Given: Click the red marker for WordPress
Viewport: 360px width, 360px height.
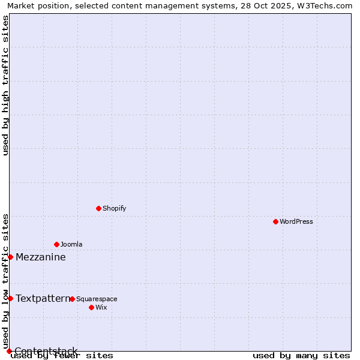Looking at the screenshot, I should coord(275,221).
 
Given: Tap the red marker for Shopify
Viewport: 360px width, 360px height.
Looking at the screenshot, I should coord(98,208).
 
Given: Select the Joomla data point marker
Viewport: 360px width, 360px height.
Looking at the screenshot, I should coord(56,244).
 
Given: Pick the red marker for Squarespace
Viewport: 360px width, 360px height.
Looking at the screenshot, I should coord(72,299).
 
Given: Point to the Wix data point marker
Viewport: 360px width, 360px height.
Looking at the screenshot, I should coord(91,307).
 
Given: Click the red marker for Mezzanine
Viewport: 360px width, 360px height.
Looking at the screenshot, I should coord(10,257).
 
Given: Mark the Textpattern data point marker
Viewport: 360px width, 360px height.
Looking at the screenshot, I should coord(10,298).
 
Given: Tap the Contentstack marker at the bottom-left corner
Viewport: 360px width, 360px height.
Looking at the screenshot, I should coord(9,351).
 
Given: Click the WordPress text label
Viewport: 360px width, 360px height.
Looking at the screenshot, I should coord(296,221).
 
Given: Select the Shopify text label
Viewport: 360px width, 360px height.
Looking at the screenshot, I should coord(114,208).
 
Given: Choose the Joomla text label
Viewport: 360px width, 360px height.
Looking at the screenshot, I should coord(71,244).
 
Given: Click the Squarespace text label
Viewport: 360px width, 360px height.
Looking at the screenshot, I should coord(97,299).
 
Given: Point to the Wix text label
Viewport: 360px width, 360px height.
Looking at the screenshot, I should coord(101,307).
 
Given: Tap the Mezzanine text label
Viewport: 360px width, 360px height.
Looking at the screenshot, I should coord(41,257).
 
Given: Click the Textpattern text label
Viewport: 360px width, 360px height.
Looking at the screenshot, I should coord(43,298).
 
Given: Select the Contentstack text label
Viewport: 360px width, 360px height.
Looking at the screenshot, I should coord(46,351).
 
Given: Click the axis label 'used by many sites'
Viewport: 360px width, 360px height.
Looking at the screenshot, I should coord(301,355).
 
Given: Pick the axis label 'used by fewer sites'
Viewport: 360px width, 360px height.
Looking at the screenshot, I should coord(62,355).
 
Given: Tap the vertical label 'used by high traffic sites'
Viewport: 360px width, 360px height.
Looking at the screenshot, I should coord(5,85).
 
